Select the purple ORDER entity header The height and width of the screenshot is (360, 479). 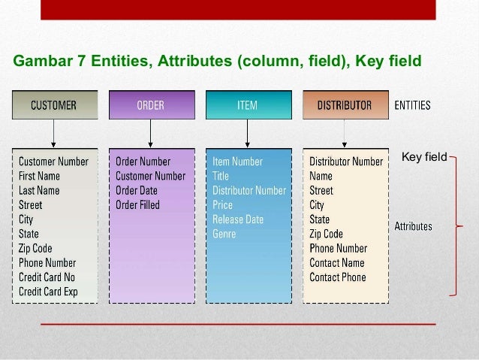pos(150,106)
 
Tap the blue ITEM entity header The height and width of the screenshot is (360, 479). pos(247,106)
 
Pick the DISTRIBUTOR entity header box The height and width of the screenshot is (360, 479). pos(345,106)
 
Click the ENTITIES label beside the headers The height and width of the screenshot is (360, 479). pos(413,106)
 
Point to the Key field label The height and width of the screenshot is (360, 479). pos(424,157)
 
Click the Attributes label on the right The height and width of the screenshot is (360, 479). pos(414,225)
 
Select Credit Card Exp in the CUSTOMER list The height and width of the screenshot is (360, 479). pos(48,292)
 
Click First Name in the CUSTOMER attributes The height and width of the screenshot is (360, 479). pos(39,176)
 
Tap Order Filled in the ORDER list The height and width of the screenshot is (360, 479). pos(137,205)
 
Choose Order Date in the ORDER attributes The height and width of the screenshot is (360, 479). pos(137,190)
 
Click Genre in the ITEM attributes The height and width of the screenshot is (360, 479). pos(224,234)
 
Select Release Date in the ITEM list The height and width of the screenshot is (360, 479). pos(238,219)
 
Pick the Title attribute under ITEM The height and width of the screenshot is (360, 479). pos(221,176)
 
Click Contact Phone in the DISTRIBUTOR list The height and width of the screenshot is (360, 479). pos(338,277)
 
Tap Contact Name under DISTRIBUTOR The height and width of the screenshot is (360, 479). pos(337,263)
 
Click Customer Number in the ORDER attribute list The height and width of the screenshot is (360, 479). pos(150,176)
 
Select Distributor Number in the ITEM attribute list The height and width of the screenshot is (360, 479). pos(249,190)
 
